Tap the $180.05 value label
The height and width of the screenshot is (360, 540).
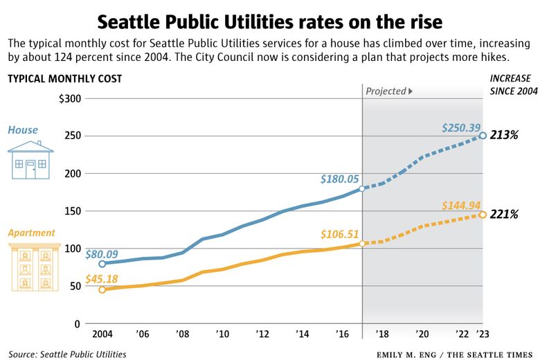pyautogui.click(x=340, y=179)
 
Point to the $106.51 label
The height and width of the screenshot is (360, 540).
pyautogui.click(x=340, y=233)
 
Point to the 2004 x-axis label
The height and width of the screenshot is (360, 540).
pyautogui.click(x=102, y=334)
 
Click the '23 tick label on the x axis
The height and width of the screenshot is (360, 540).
pyautogui.click(x=483, y=334)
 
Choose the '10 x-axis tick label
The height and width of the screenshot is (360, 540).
pyautogui.click(x=222, y=334)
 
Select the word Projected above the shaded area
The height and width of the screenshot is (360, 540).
pyautogui.click(x=386, y=91)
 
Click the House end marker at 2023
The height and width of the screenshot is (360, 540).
pyautogui.click(x=483, y=136)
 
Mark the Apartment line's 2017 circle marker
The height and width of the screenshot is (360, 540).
pyautogui.click(x=362, y=244)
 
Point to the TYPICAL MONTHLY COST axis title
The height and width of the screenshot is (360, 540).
pyautogui.click(x=64, y=78)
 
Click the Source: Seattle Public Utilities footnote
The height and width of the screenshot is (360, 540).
pyautogui.click(x=67, y=354)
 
